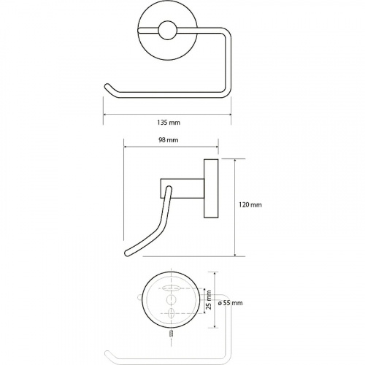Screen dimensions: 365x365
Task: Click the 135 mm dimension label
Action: tap(169, 122)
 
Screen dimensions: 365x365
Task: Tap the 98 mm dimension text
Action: tap(169, 140)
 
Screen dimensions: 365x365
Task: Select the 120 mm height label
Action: tap(250, 204)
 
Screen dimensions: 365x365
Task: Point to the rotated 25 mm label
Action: tap(209, 299)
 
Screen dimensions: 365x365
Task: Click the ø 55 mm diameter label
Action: tap(230, 303)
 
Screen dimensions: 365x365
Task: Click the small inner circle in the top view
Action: tap(166, 31)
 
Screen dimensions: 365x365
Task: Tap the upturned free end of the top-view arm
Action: tap(107, 86)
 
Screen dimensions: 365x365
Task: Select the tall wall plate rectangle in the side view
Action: tap(211, 188)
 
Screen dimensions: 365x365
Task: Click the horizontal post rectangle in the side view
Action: tap(182, 188)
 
